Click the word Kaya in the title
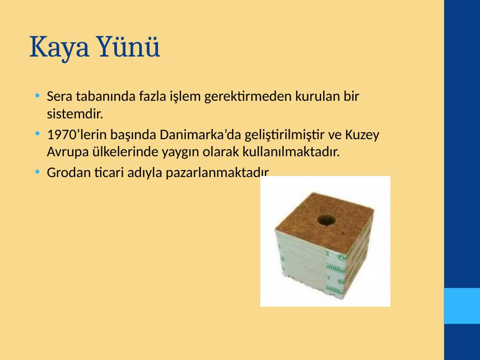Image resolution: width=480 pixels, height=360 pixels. pos(59,47)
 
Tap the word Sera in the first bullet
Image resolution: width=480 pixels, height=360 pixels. pos(59,96)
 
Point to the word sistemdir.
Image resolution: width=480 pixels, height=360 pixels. pos(75,114)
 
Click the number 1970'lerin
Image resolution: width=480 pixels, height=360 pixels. pos(76,134)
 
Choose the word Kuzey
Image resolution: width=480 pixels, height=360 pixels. pos(362,135)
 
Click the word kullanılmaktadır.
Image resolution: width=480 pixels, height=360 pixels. pos(291,151)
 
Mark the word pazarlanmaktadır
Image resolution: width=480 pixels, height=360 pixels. pos(218,173)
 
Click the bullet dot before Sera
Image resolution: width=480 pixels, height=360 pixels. pos(37,95)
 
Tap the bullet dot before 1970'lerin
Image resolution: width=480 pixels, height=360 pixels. pos(37,134)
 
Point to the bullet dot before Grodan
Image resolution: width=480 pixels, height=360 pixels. pos(37,172)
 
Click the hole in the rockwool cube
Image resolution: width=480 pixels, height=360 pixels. pos(326,219)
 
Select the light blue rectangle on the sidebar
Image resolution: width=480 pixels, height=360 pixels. pos(462,306)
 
